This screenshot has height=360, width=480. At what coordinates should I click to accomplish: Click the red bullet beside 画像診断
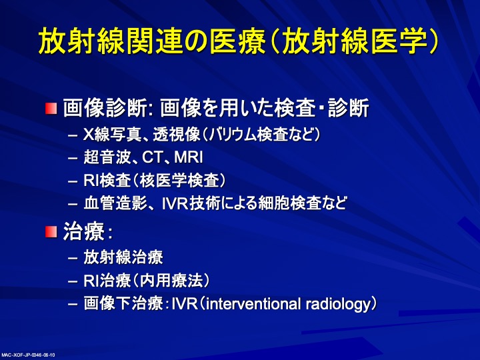[x=51, y=109]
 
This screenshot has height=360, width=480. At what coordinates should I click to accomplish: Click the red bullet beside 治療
[x=51, y=232]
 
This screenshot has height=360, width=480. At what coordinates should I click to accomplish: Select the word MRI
[x=188, y=157]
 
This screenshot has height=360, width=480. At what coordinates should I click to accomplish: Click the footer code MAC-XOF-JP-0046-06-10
[x=28, y=355]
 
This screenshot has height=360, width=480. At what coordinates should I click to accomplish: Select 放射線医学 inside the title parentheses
[x=355, y=41]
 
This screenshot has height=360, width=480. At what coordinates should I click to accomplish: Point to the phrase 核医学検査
[x=179, y=180]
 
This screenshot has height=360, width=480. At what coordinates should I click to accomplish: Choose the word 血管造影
[x=116, y=203]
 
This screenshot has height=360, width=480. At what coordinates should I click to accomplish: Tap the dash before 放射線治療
[x=73, y=258]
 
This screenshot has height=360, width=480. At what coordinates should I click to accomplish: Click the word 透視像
[x=177, y=135]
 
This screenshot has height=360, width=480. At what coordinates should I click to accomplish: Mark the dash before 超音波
[x=73, y=159]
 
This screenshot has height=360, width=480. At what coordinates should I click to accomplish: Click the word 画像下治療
[x=124, y=304]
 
